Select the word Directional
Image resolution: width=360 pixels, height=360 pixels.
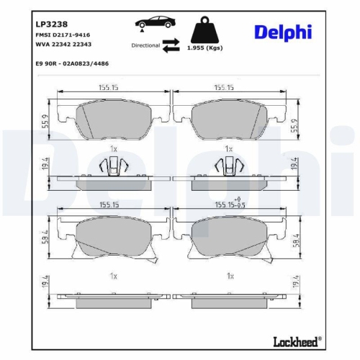pyautogui.click(x=145, y=45)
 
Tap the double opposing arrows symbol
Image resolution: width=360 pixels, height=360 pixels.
pyautogui.click(x=171, y=46)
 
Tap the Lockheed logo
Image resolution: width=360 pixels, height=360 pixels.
pyautogui.click(x=297, y=341)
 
